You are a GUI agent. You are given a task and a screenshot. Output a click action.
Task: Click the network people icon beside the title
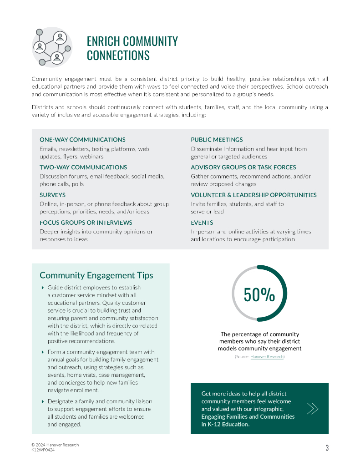tap(52, 47)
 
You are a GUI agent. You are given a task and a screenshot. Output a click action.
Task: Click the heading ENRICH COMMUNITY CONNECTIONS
tap(132, 48)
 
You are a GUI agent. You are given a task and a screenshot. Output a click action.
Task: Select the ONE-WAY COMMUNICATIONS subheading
tap(82, 140)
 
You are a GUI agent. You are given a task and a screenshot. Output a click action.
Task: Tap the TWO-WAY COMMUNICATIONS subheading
tap(83, 167)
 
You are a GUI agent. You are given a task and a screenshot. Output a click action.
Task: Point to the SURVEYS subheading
tap(52, 195)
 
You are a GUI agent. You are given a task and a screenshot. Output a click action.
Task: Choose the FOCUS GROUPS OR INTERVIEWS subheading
tap(86, 223)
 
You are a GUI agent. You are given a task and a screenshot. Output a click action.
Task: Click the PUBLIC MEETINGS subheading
tap(217, 140)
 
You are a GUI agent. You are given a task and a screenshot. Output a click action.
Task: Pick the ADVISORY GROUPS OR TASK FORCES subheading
tap(243, 167)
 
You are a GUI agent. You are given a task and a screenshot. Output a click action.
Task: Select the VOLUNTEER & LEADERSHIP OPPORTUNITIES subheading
tap(254, 195)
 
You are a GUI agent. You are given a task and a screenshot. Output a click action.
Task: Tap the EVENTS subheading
tap(202, 223)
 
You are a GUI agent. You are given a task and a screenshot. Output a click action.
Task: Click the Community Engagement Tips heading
tap(96, 275)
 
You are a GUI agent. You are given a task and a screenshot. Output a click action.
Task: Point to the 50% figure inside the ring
tap(259, 295)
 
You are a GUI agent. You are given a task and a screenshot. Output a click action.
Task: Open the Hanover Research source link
tap(267, 357)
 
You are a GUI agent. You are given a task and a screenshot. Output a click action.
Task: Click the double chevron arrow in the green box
tap(312, 409)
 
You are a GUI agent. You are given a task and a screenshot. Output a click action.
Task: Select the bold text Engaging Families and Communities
tap(248, 416)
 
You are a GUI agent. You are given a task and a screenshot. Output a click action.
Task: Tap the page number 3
tap(327, 448)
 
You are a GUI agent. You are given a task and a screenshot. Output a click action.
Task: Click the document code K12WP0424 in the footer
tap(43, 450)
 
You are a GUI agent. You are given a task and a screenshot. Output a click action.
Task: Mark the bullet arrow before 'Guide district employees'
tap(42, 288)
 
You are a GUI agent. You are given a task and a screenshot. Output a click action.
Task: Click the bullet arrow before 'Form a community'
tap(42, 352)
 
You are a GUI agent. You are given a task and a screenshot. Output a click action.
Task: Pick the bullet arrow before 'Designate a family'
tap(42, 401)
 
